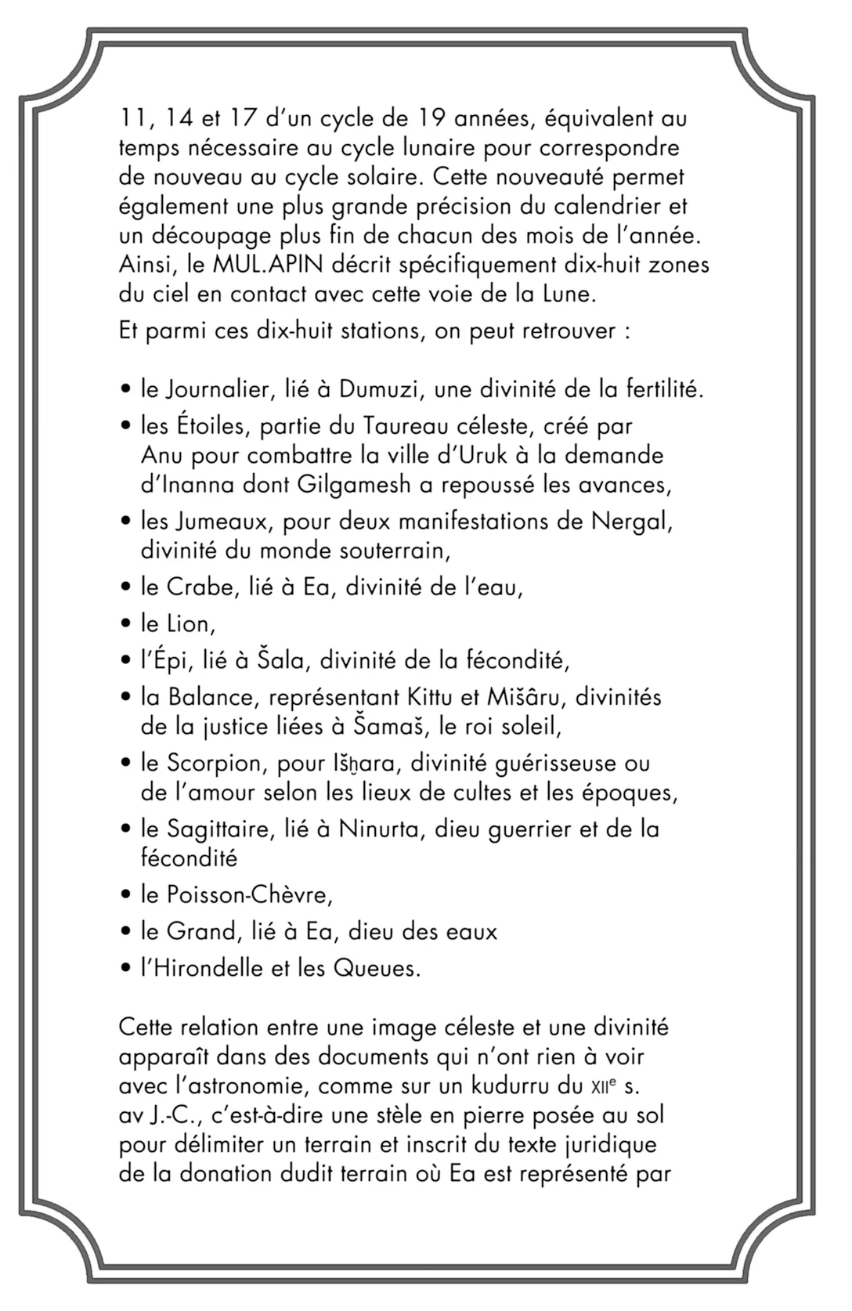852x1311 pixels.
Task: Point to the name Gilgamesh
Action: click(x=354, y=485)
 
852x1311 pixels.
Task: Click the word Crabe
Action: click(x=201, y=587)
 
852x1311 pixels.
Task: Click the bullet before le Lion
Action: click(x=125, y=625)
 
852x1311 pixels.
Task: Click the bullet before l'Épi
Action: click(x=125, y=661)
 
